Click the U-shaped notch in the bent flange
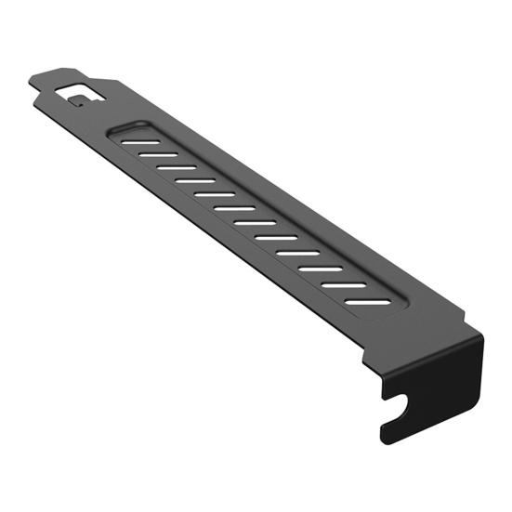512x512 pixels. pyautogui.click(x=397, y=406)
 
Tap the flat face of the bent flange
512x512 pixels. pyautogui.click(x=437, y=381)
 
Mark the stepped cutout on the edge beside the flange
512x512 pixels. pyautogui.click(x=366, y=357)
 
